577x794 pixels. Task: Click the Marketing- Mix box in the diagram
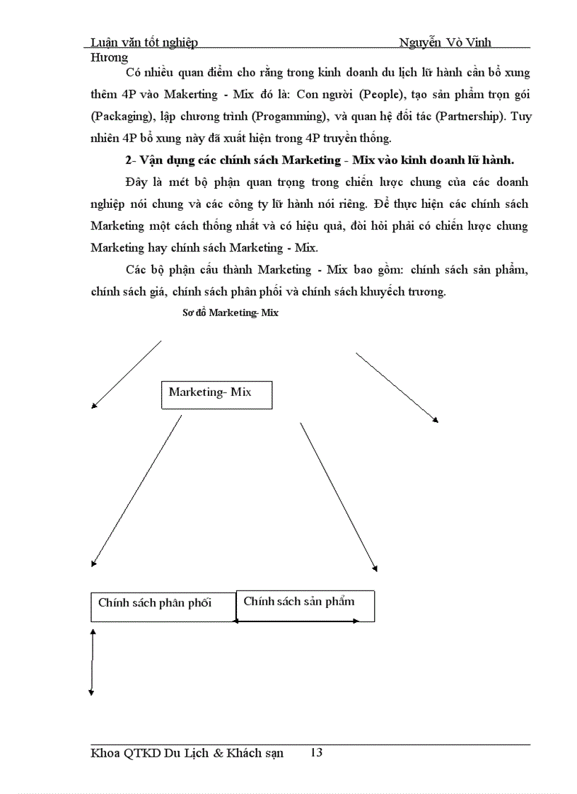216,395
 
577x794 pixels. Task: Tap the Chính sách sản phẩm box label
298,602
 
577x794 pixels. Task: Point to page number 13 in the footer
316,753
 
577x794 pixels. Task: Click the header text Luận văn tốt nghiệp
144,42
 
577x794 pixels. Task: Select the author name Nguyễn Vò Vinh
445,42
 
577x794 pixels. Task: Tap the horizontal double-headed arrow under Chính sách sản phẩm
297,621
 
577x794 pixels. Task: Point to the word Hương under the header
110,57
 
